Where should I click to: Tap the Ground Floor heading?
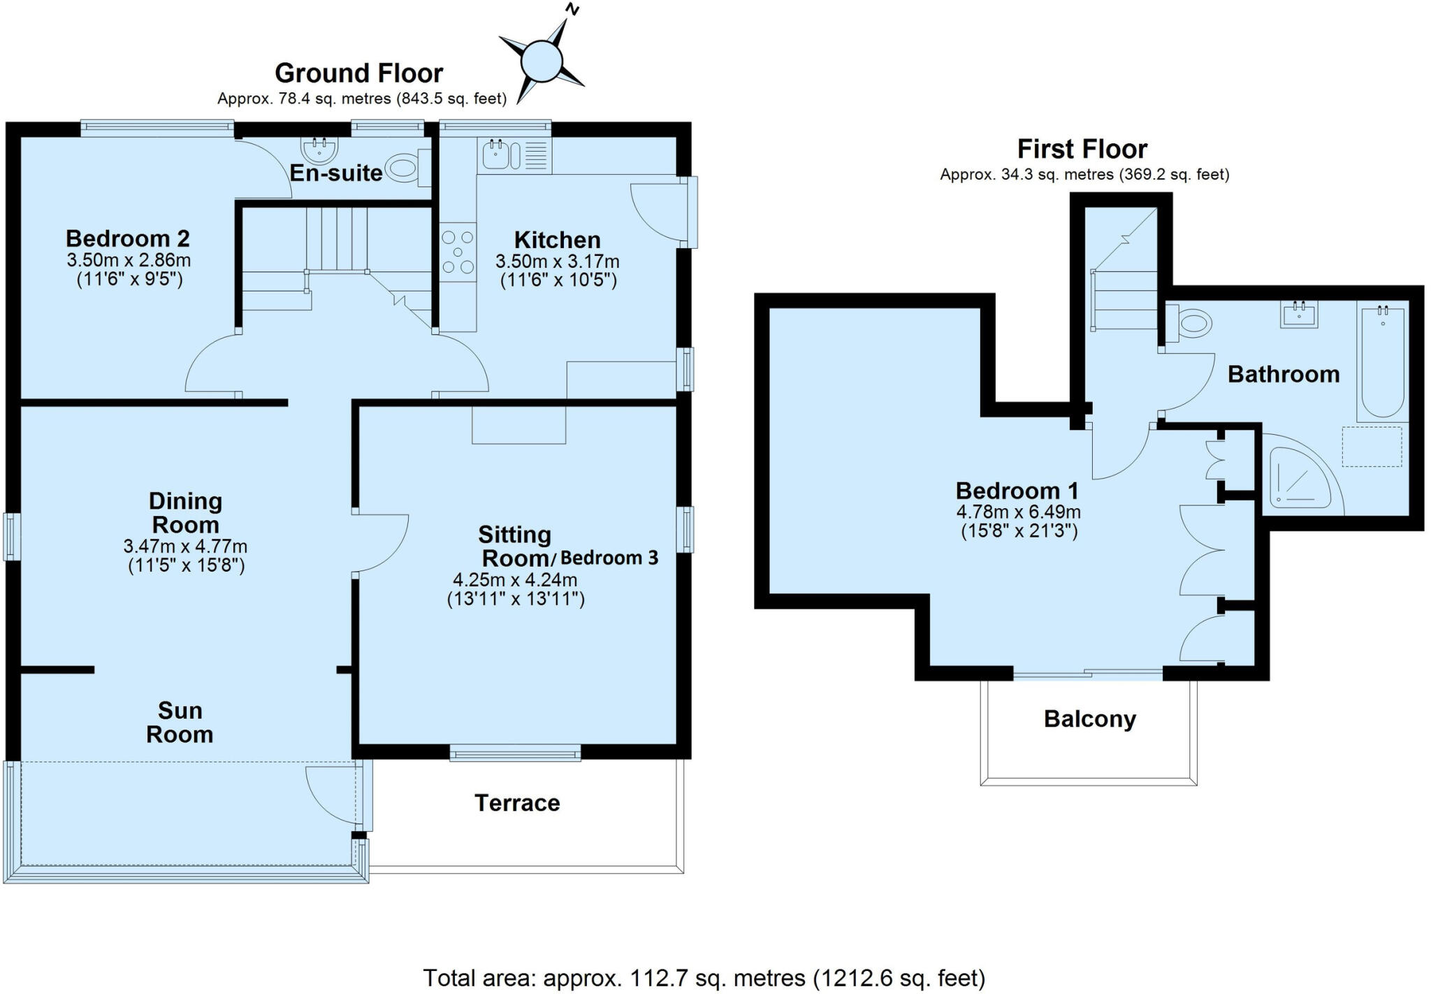tap(358, 73)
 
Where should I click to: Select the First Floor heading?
tap(1082, 149)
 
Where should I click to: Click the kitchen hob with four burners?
tap(458, 252)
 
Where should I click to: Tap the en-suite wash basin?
tap(320, 150)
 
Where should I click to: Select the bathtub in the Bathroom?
tap(1381, 361)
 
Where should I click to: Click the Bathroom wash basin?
tap(1299, 314)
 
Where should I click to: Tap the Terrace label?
tap(517, 803)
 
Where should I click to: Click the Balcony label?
tap(1090, 719)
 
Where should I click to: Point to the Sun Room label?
tap(180, 722)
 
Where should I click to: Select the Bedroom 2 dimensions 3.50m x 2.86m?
tap(129, 261)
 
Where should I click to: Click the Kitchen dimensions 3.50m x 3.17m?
tap(558, 262)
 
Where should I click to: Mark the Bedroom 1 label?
tap(1017, 491)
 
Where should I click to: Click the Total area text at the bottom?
tap(704, 978)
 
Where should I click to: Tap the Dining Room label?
tap(186, 512)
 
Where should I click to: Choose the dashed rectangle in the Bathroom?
tap(1372, 447)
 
